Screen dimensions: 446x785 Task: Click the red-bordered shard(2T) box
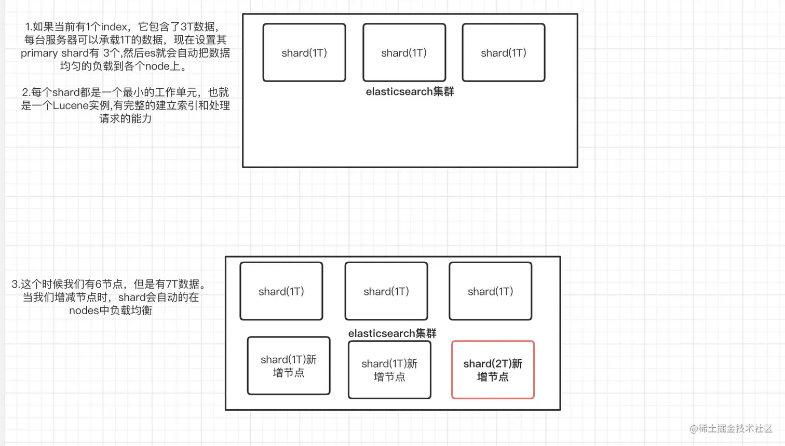pos(493,370)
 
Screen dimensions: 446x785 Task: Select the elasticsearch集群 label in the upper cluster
pos(410,92)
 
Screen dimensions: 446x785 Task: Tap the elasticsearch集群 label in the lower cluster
pos(392,333)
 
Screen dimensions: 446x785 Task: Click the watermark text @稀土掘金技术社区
pos(731,428)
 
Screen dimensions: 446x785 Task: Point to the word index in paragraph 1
pos(114,27)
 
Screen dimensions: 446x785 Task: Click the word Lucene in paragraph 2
pos(70,105)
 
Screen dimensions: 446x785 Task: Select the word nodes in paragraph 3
pos(84,310)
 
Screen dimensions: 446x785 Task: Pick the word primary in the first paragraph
pos(39,53)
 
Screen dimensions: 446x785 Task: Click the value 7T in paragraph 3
pos(172,284)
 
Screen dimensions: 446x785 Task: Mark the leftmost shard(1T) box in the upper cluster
pos(304,52)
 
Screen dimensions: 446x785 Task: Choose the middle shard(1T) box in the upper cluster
pos(404,52)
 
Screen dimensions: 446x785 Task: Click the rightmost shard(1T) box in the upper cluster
pos(504,52)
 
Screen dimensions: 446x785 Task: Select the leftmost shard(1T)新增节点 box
pos(289,366)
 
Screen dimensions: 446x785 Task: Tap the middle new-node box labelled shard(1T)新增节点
pos(389,370)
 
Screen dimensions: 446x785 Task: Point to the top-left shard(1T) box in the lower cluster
pos(281,291)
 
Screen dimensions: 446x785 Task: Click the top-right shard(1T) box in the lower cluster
pos(490,291)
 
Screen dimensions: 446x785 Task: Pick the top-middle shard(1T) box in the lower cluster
pos(386,291)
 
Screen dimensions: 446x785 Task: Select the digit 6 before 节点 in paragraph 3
pos(98,284)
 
